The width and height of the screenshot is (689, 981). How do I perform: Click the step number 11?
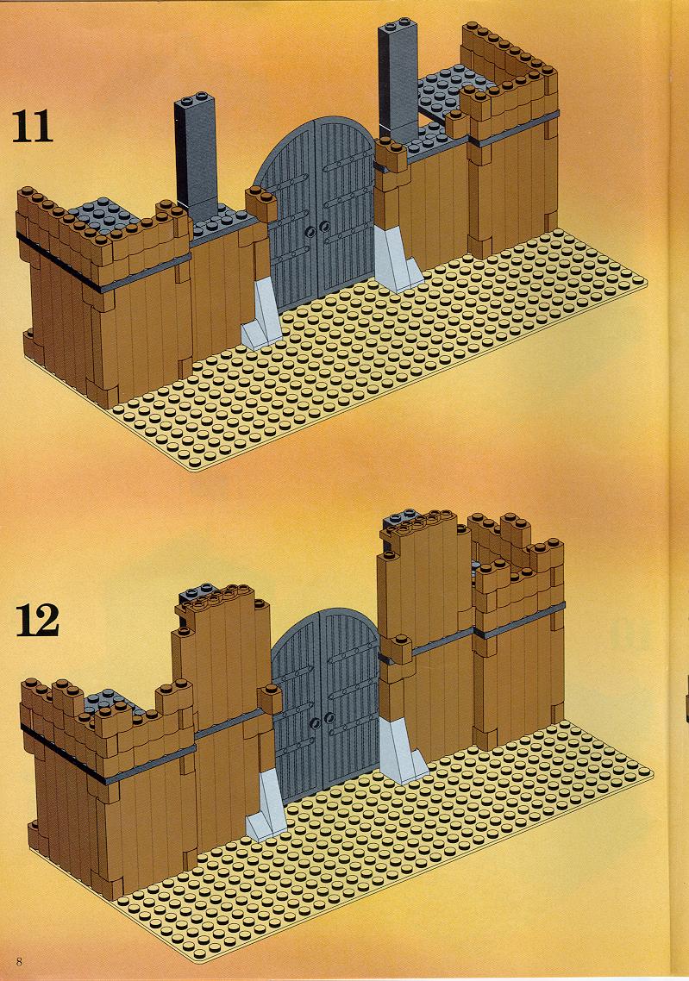(x=32, y=127)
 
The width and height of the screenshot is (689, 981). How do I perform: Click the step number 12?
(x=37, y=620)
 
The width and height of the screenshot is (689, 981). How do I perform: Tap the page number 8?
(x=20, y=960)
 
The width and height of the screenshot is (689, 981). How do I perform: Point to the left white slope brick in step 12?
(x=266, y=804)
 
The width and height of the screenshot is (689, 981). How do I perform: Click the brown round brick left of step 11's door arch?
(x=261, y=202)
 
